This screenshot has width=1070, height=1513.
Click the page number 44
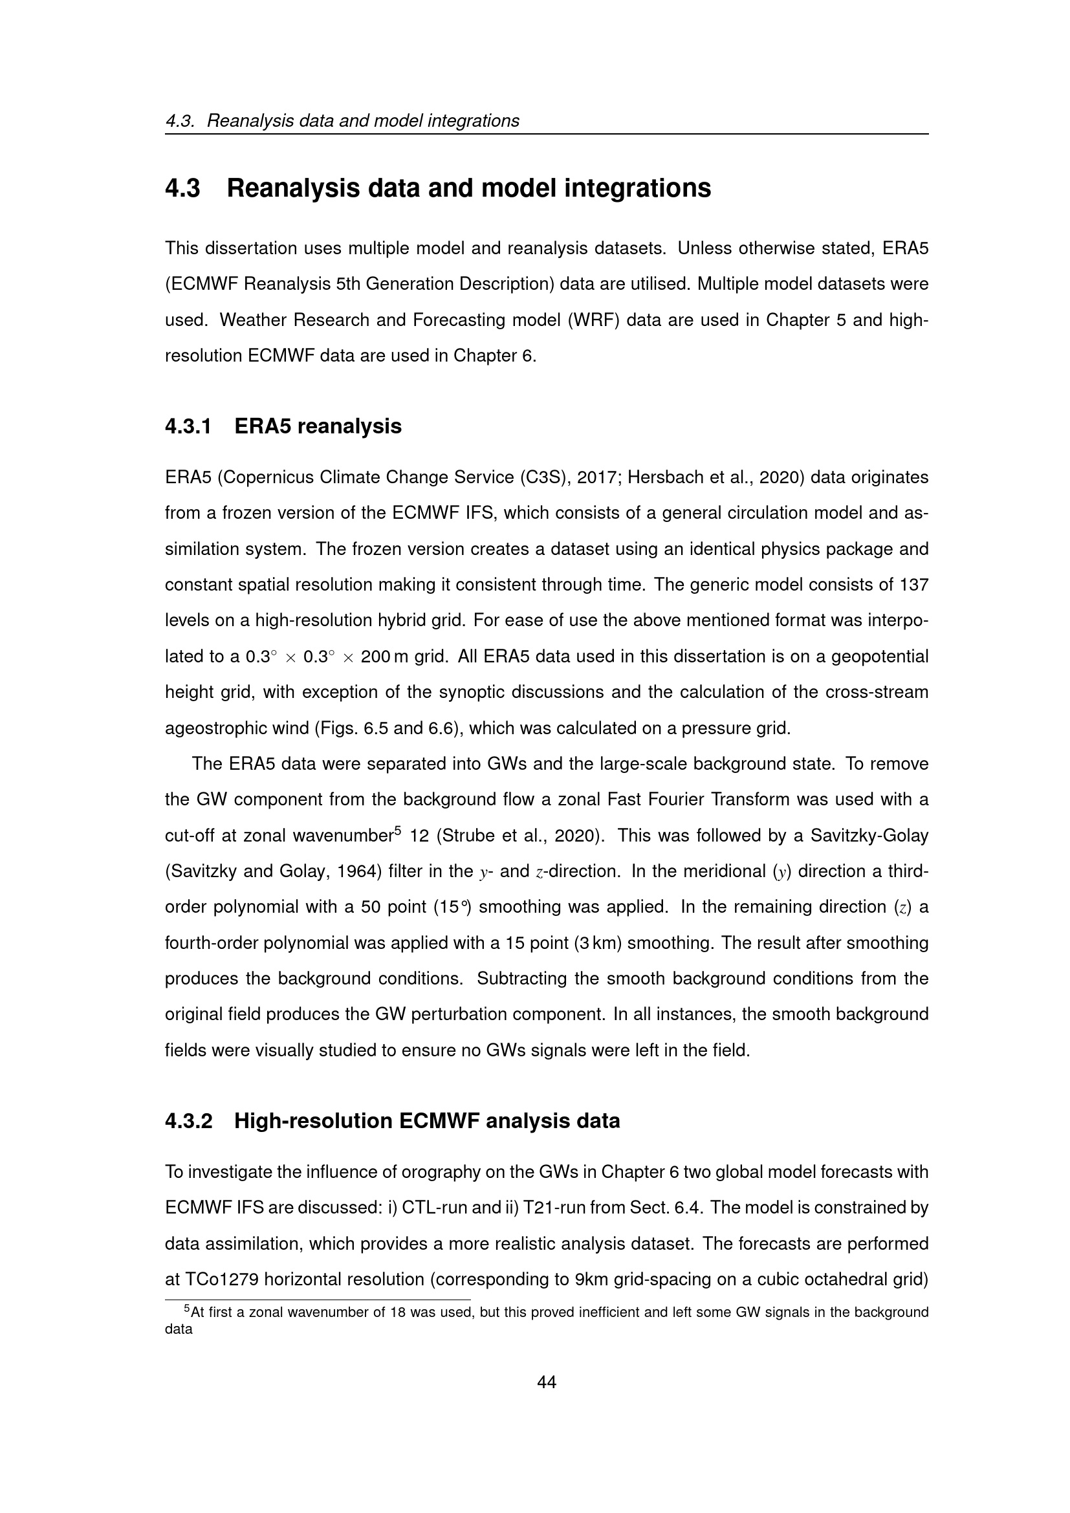click(547, 1382)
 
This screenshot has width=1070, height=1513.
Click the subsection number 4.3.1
click(188, 426)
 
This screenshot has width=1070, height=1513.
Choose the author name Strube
click(471, 836)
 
